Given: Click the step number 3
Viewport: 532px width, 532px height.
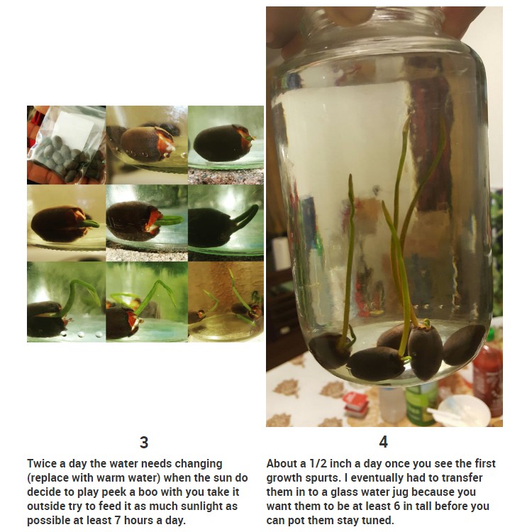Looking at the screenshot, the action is (x=144, y=443).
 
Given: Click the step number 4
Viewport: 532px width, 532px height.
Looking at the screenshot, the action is (x=383, y=442).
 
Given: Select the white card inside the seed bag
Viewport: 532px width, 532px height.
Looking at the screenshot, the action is (x=74, y=126).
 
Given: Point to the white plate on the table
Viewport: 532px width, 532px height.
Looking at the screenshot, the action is (x=463, y=411).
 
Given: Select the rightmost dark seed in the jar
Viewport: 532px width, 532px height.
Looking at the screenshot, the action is (x=464, y=345).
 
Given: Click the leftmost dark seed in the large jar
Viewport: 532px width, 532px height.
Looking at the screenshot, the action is (x=329, y=350).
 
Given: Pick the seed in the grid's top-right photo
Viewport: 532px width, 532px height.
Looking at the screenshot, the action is (x=221, y=143).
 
